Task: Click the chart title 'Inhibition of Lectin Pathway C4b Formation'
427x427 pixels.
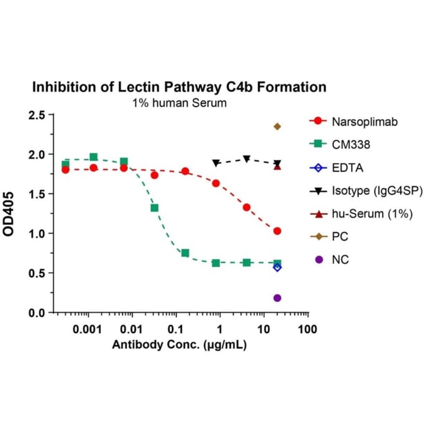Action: [x=179, y=87]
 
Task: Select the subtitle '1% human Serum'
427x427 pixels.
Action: [x=179, y=103]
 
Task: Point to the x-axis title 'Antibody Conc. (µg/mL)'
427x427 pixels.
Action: [x=179, y=345]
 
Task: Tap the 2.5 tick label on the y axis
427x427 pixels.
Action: [x=38, y=115]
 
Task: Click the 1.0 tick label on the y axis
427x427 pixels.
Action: [x=38, y=234]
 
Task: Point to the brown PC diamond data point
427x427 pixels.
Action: [x=277, y=126]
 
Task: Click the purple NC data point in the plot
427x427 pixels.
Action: [x=277, y=298]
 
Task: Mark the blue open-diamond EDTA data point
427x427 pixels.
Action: [x=277, y=267]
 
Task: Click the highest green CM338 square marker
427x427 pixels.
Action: [x=93, y=157]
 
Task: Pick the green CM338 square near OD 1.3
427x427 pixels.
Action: [x=154, y=208]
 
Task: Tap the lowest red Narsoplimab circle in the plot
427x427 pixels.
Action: [x=277, y=231]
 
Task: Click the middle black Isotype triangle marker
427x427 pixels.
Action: [x=246, y=159]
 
